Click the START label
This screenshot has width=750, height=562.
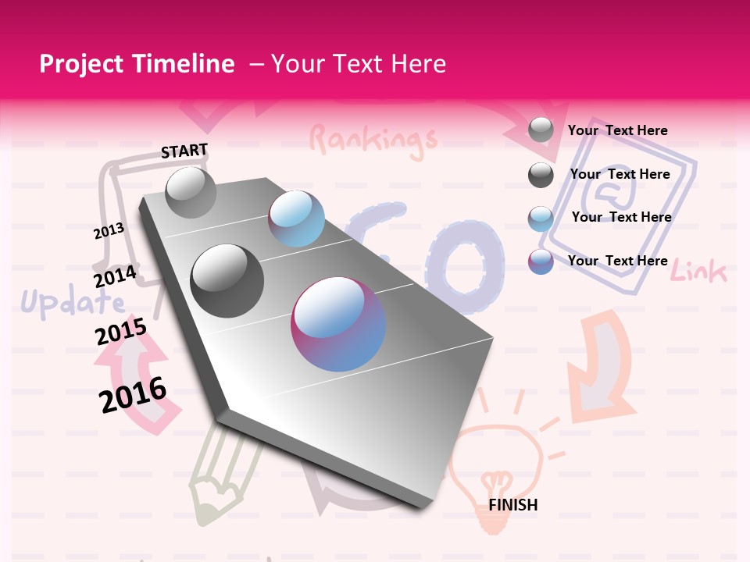click(184, 151)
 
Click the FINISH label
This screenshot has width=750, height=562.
click(512, 505)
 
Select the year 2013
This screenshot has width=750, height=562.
click(109, 231)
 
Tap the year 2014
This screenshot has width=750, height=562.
click(115, 276)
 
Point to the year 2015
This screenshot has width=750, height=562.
click(120, 332)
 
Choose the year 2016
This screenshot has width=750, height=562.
click(133, 395)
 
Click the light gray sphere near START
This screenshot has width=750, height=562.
click(191, 192)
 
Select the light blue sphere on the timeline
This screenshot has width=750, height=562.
click(296, 219)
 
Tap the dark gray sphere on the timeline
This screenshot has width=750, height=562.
click(227, 281)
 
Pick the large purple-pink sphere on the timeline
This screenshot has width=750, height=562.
click(338, 325)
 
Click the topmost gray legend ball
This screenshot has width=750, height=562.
click(541, 130)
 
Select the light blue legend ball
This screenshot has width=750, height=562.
click(541, 219)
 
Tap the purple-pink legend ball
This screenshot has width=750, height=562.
click(541, 261)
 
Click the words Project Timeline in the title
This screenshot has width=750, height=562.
click(137, 64)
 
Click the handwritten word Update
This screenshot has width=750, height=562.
click(72, 303)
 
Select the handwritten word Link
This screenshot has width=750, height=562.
click(698, 272)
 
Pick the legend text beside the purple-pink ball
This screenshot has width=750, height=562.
click(617, 261)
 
